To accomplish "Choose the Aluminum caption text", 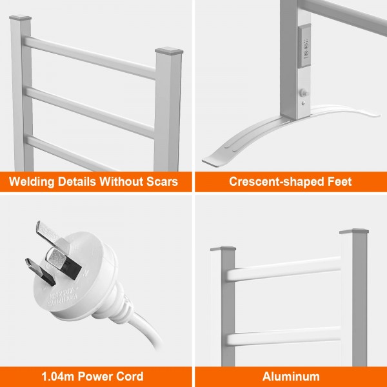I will pos(291,376).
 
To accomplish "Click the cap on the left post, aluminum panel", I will pos(228,248).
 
